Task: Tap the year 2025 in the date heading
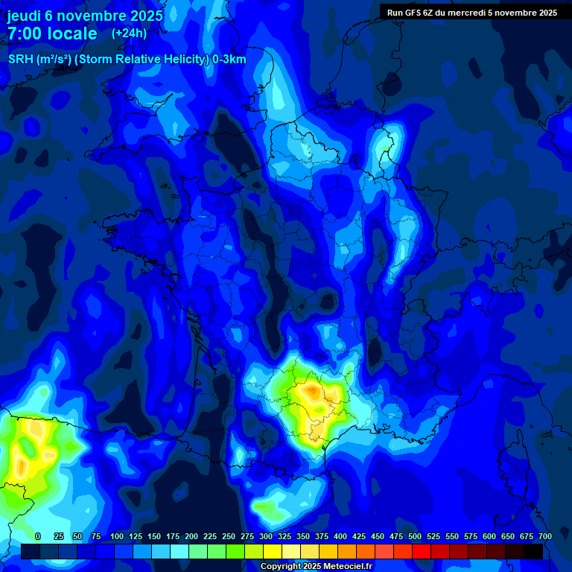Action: coord(142,16)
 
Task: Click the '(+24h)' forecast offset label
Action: coord(129,34)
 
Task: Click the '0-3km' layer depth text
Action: coord(229,60)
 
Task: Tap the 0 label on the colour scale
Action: coord(38,536)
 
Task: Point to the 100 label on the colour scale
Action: coord(117,536)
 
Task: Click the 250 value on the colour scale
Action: coord(229,536)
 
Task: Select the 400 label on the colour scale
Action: coord(340,536)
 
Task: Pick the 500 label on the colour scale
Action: coord(415,536)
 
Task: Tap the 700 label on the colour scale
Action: coord(544,536)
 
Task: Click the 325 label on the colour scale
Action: coord(285,536)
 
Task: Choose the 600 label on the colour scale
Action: coord(489,536)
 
